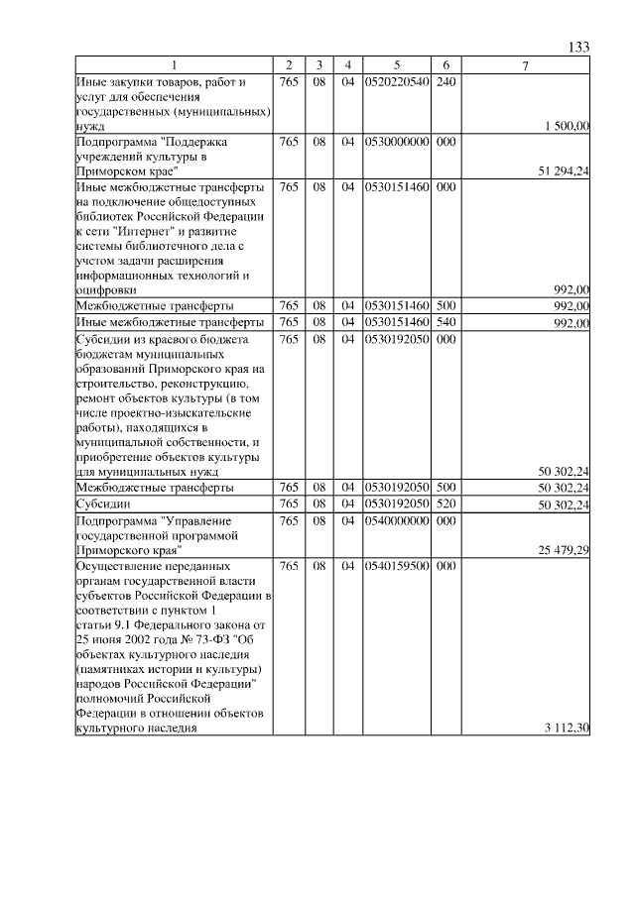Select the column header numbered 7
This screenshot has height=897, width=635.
click(526, 65)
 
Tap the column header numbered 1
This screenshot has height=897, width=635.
click(174, 65)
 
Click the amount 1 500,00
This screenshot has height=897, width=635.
click(568, 126)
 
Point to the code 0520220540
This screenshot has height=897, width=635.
click(396, 81)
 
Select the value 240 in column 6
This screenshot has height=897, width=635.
click(445, 81)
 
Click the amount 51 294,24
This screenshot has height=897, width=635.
click(564, 171)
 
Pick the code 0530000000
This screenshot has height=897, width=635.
click(396, 142)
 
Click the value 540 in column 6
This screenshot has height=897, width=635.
click(445, 322)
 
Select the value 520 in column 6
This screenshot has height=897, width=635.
click(445, 504)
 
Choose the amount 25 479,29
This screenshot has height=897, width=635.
click(564, 549)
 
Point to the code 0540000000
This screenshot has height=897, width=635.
click(396, 519)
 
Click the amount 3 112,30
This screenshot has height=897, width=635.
click(568, 729)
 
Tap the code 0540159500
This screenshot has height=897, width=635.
click(396, 565)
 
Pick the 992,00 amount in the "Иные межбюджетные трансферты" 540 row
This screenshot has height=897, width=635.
click(571, 323)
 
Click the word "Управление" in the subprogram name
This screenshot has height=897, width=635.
click(197, 519)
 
